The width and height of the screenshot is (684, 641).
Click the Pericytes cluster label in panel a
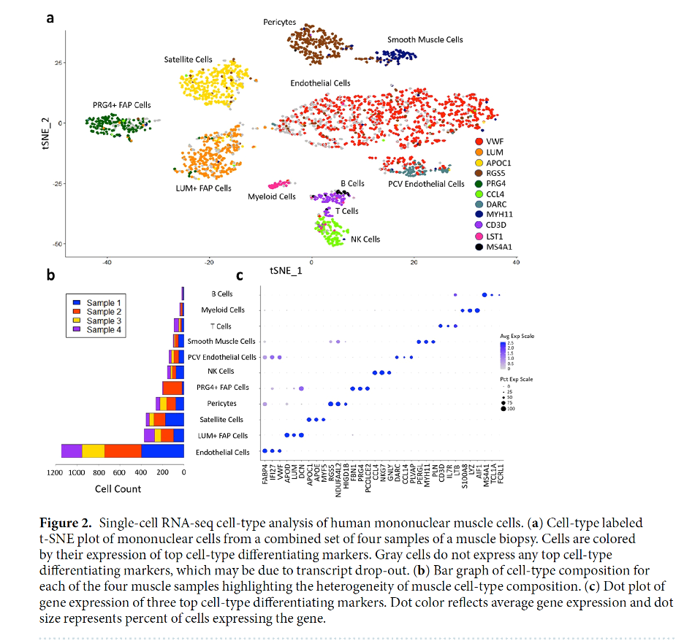(x=281, y=23)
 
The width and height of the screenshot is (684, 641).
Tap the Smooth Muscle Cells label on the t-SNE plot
(x=425, y=39)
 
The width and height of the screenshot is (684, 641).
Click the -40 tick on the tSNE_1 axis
(x=107, y=261)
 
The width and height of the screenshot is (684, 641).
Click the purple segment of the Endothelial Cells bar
(x=72, y=451)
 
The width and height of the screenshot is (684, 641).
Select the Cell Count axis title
(x=118, y=488)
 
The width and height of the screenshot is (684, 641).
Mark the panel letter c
(x=240, y=275)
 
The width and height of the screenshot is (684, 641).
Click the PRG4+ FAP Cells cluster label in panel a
(x=121, y=105)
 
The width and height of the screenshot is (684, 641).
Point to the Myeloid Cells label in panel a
(x=271, y=196)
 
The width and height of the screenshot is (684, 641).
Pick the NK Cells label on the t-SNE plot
(x=365, y=239)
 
